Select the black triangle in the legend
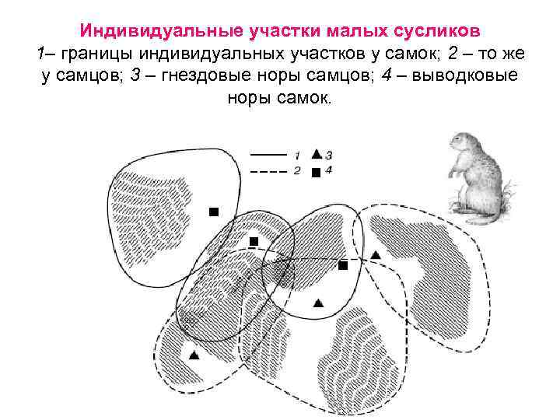coord(316,153)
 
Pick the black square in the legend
coord(316,172)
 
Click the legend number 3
coord(329,154)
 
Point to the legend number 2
coord(297,170)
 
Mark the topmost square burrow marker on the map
coord(214,212)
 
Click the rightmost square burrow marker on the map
coord(343,265)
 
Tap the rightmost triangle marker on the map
coord(376,254)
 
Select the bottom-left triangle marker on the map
coord(194,355)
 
